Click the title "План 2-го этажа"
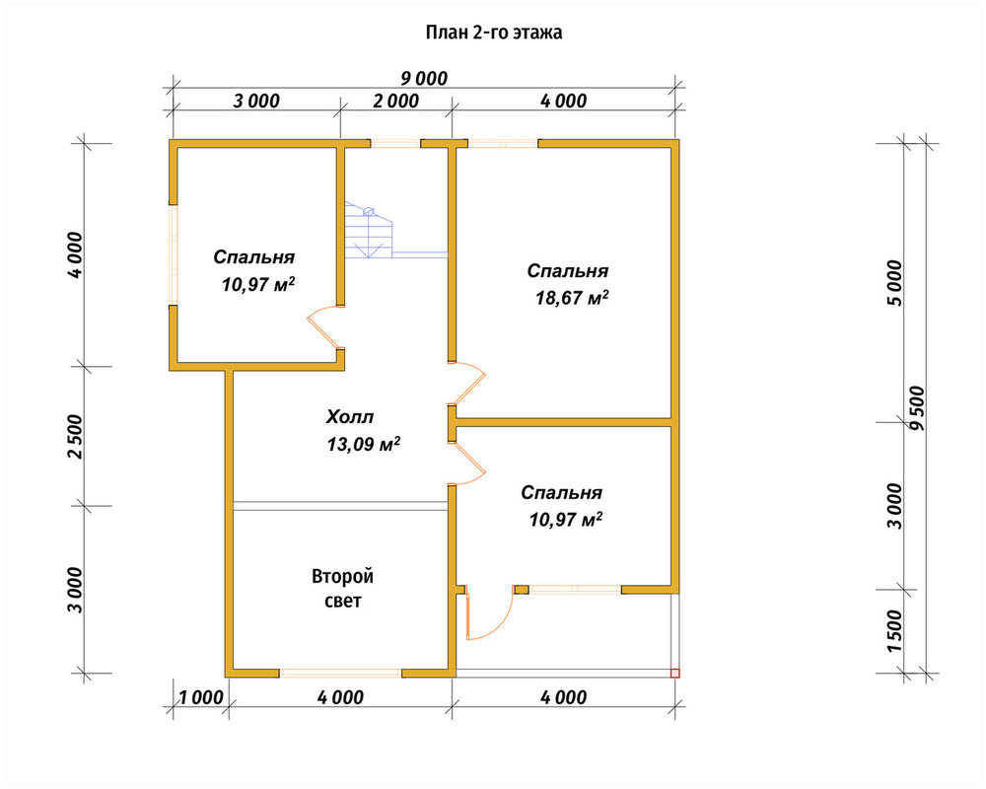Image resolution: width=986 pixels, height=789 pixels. tap(494, 33)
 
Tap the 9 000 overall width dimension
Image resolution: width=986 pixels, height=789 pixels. tap(424, 79)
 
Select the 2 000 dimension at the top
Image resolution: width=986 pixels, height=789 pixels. tap(396, 101)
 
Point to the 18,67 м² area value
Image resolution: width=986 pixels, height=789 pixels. tap(572, 298)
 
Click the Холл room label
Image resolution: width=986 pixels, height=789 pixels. tap(350, 416)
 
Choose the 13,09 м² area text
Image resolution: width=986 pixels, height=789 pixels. tap(364, 444)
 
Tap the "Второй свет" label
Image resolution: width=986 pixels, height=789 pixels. tap(343, 588)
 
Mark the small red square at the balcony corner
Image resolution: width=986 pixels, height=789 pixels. tap(675, 674)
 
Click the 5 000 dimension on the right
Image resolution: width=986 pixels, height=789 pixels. tap(895, 283)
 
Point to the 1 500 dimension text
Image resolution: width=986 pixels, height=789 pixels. tap(895, 631)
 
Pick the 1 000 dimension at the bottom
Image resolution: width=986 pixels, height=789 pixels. tap(201, 697)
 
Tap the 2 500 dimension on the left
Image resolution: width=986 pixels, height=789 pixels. tap(75, 436)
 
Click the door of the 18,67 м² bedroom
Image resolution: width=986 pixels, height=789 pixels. tap(467, 384)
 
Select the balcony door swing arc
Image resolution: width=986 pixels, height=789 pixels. tap(490, 616)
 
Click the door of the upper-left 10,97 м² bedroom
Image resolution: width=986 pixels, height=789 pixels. tap(324, 327)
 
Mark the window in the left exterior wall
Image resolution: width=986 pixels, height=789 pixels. tap(173, 254)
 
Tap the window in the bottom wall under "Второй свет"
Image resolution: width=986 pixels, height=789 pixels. tap(340, 673)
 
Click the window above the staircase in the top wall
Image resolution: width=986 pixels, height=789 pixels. tap(395, 143)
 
